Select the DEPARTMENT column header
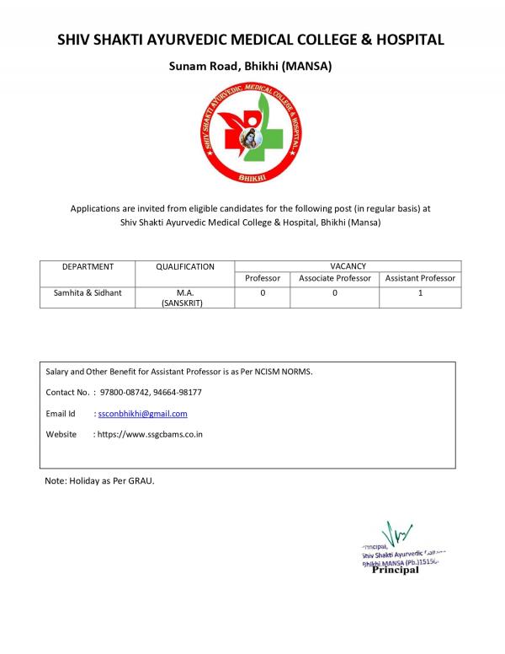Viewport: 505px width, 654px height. click(88, 266)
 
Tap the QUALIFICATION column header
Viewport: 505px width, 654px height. click(185, 266)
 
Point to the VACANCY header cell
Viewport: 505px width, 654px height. click(348, 265)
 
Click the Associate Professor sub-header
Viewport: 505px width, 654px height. click(334, 277)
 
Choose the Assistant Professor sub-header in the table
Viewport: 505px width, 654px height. click(420, 277)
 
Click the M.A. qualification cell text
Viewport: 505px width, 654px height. click(185, 292)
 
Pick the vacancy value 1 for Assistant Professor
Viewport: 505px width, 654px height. click(420, 292)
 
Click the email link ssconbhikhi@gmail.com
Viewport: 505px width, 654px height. click(142, 414)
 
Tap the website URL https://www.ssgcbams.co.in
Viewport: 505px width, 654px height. click(150, 434)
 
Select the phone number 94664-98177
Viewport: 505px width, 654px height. click(177, 392)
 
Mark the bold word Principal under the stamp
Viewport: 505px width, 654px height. click(395, 570)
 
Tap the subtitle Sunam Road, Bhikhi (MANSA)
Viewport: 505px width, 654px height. click(252, 66)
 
